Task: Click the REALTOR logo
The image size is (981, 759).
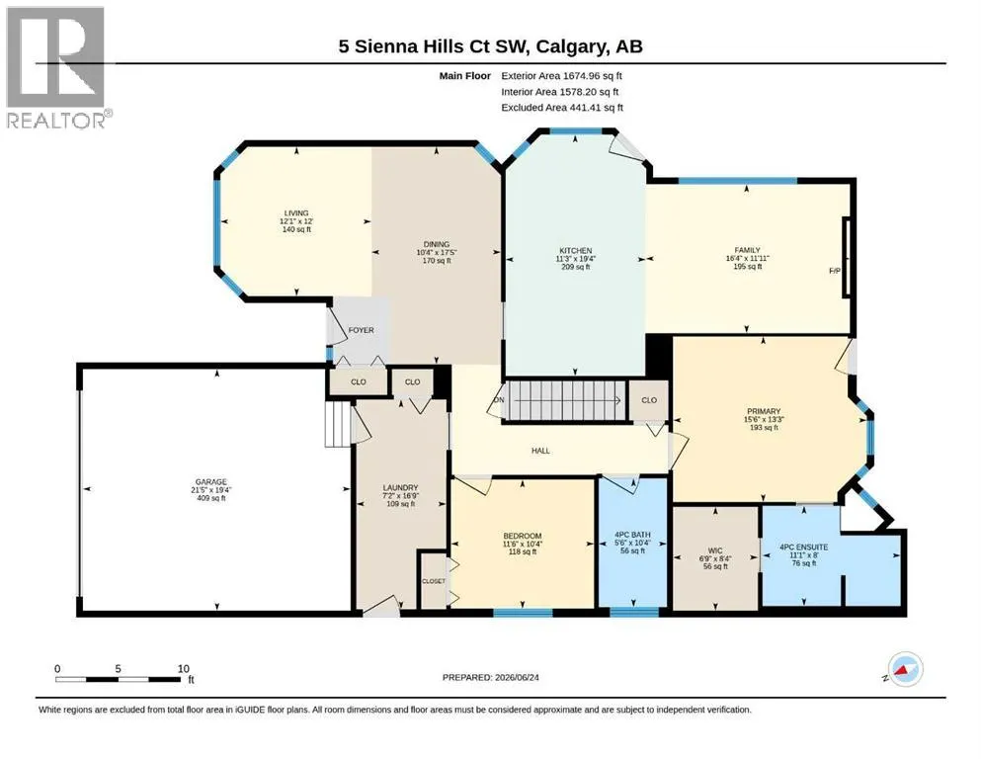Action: click(x=55, y=67)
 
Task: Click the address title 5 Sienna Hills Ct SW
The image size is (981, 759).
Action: click(x=435, y=46)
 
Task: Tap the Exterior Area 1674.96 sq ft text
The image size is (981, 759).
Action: click(x=561, y=76)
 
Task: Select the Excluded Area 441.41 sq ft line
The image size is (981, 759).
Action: click(x=562, y=107)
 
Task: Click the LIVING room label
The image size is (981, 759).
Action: click(x=296, y=212)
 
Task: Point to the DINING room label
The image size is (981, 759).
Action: click(x=437, y=244)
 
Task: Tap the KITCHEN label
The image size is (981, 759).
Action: click(x=576, y=250)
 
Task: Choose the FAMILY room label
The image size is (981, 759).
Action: click(x=748, y=250)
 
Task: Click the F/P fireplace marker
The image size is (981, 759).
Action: click(x=835, y=271)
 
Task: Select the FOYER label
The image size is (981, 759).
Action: click(x=361, y=330)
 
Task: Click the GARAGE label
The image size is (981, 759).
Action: click(x=210, y=482)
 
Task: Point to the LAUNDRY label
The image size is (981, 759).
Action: click(x=400, y=487)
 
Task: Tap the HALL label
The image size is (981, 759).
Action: click(x=540, y=450)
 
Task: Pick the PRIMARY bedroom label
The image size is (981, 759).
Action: click(x=764, y=411)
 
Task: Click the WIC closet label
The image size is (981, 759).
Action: click(x=715, y=550)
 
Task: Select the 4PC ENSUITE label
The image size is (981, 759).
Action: click(x=804, y=547)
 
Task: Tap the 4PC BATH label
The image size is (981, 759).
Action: click(x=632, y=535)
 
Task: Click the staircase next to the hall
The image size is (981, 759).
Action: click(x=566, y=400)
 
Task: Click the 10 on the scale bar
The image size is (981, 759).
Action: click(x=184, y=668)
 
